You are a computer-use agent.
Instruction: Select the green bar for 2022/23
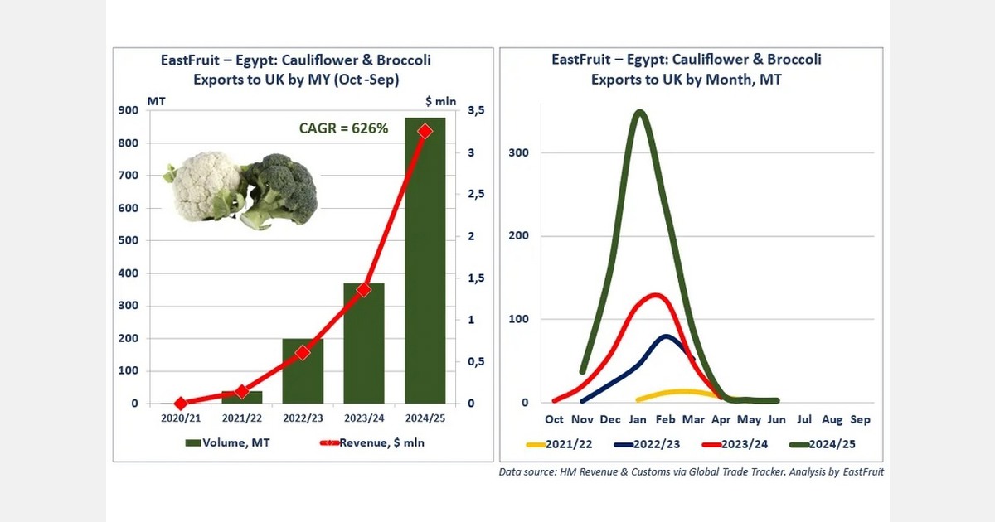(303, 371)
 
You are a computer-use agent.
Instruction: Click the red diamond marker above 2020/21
(181, 403)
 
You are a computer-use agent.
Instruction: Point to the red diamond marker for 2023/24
(364, 290)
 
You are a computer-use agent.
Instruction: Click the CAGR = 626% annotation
(343, 128)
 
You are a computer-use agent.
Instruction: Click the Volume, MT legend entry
(235, 443)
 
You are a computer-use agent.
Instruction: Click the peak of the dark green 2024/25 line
(638, 113)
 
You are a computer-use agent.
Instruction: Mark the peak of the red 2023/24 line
(655, 295)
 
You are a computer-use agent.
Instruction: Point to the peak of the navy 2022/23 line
(667, 336)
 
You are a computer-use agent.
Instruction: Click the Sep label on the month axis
(860, 419)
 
